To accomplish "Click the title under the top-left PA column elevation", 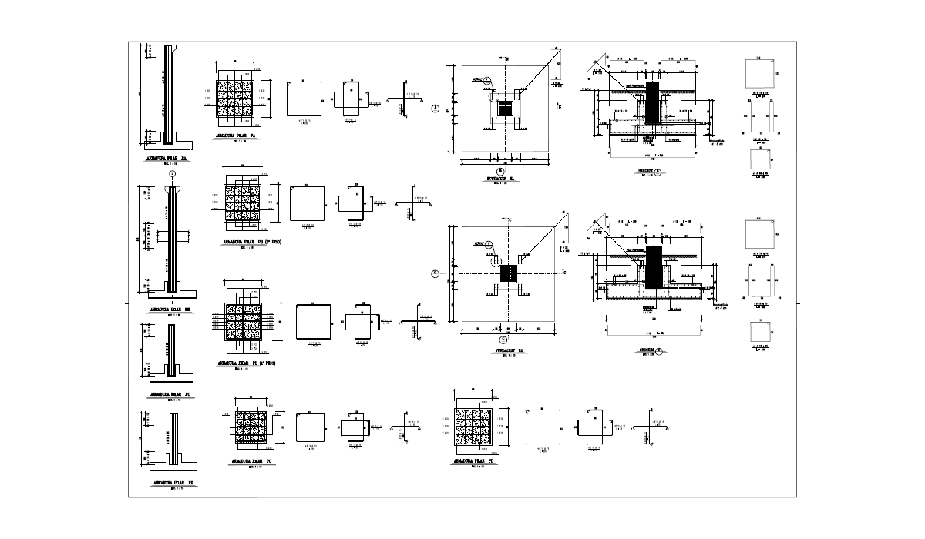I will click(x=167, y=158).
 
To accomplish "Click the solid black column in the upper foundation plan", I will click(x=506, y=109).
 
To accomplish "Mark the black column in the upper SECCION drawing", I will click(x=651, y=102).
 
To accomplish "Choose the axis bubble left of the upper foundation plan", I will click(x=436, y=109).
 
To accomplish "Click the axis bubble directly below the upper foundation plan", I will click(x=501, y=170).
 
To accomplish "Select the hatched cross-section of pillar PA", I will click(x=236, y=98).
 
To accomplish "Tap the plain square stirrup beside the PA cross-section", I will click(x=304, y=99).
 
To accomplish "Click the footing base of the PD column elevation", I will click(x=171, y=467).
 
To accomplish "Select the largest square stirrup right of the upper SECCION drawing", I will click(x=759, y=75).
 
